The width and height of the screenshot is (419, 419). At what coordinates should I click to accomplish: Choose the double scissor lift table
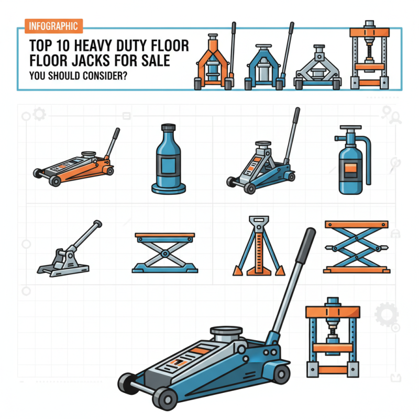356,247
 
